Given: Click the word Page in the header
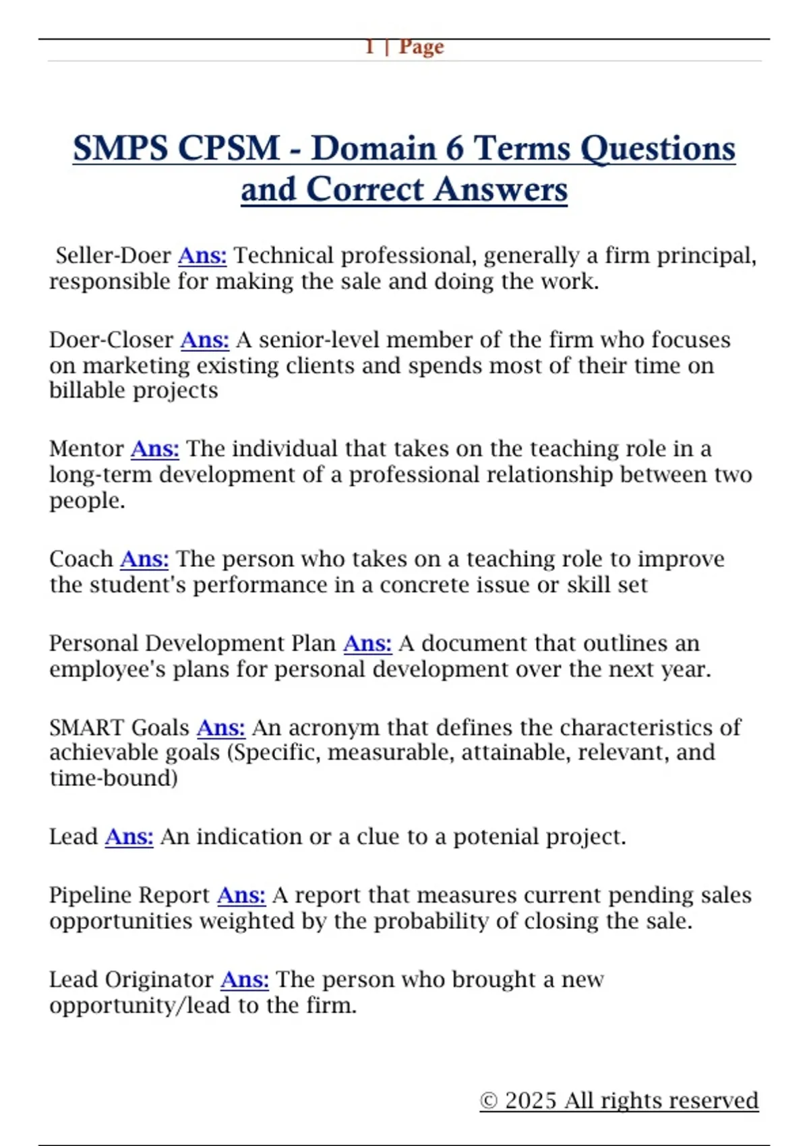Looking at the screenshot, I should pyautogui.click(x=421, y=47).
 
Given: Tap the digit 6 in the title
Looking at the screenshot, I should pyautogui.click(x=454, y=148).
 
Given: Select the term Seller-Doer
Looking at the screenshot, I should pyautogui.click(x=113, y=255).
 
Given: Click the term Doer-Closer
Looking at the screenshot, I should pyautogui.click(x=111, y=340).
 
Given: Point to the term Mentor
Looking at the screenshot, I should pyautogui.click(x=86, y=449).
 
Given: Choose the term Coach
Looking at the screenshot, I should pyautogui.click(x=81, y=559).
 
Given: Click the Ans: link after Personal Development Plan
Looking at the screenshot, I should pyautogui.click(x=367, y=643).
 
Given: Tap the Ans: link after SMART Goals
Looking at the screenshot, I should pyautogui.click(x=220, y=728).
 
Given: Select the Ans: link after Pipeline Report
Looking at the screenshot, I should pyautogui.click(x=241, y=895).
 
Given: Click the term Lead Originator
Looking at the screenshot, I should pyautogui.click(x=131, y=979).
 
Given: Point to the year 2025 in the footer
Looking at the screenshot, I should pyautogui.click(x=531, y=1100).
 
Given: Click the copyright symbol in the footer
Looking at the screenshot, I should pyautogui.click(x=489, y=1101).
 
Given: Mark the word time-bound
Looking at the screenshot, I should pyautogui.click(x=113, y=778).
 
